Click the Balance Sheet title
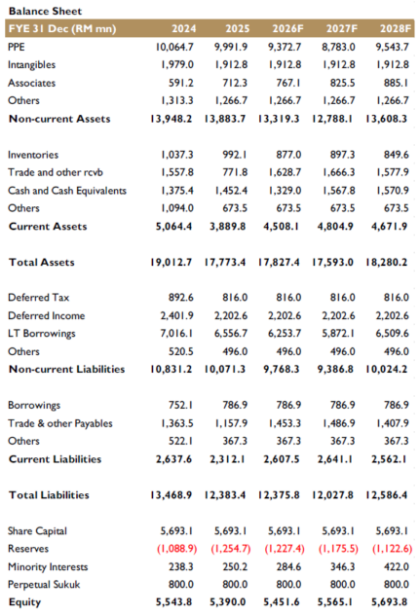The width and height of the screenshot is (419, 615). [x=45, y=11]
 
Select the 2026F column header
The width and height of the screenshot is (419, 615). [x=287, y=28]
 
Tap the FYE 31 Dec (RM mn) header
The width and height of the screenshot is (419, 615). [x=62, y=28]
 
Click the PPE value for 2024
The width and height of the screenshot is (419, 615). [x=174, y=47]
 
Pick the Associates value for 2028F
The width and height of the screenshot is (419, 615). [x=396, y=83]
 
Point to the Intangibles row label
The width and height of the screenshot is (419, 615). [x=31, y=65]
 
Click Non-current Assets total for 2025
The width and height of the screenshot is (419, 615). [x=225, y=119]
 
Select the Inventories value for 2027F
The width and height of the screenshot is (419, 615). [x=342, y=155]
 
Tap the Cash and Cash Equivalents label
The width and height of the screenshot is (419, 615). [x=67, y=191]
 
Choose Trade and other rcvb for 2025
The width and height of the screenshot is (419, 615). [x=235, y=172]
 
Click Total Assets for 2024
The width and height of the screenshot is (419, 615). [x=171, y=263]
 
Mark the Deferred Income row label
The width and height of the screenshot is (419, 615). [x=47, y=315]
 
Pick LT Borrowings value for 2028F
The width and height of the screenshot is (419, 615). [x=392, y=334]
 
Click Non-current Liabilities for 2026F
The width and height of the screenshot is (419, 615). [x=282, y=369]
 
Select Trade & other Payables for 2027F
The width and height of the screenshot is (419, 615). [x=338, y=423]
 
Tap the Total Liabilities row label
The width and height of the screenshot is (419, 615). [x=49, y=495]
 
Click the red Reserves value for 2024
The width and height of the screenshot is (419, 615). [x=176, y=549]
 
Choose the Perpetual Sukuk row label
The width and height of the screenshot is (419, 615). [x=44, y=585]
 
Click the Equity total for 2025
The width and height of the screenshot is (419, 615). [x=227, y=602]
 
